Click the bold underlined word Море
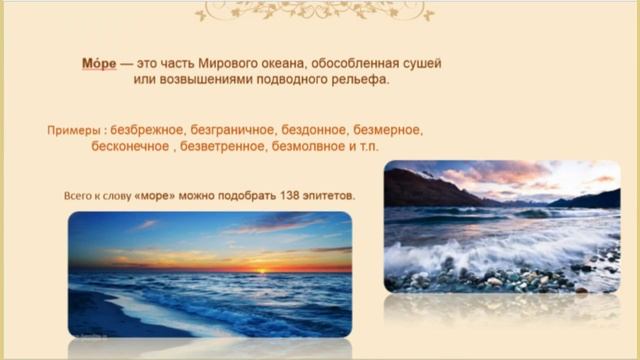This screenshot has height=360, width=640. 99,62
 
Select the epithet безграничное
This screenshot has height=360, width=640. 241,131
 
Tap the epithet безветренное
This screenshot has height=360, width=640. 221,147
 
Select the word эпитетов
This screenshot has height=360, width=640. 325,195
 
